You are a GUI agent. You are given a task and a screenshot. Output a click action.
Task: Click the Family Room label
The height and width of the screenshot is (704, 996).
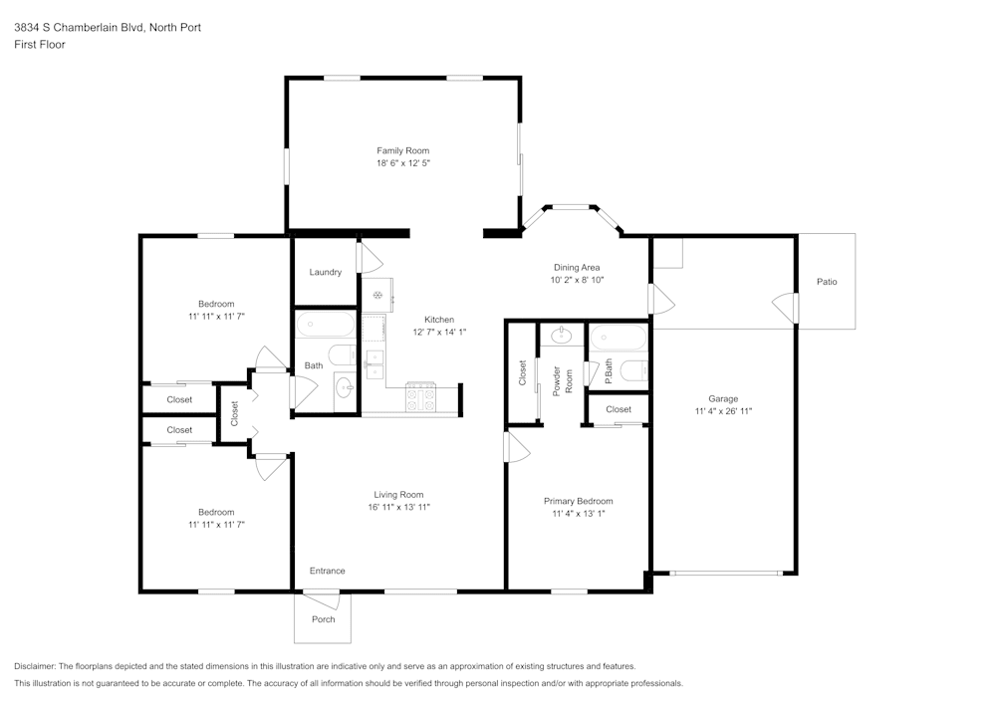(x=402, y=150)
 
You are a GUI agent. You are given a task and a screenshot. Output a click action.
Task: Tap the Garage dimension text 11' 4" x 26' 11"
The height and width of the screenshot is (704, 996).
(x=723, y=410)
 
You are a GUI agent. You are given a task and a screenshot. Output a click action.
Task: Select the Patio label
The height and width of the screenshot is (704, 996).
(x=827, y=281)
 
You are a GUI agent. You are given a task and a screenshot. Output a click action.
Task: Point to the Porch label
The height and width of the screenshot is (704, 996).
(x=323, y=619)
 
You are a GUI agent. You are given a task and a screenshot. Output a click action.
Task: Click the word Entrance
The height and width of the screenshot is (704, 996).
(x=327, y=571)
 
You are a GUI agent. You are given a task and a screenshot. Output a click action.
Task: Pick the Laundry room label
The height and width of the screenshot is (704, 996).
(x=326, y=272)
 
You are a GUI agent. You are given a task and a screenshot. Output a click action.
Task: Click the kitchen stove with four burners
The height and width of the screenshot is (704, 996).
(x=420, y=397)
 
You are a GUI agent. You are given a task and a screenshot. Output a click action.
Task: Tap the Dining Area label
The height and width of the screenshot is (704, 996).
(x=576, y=267)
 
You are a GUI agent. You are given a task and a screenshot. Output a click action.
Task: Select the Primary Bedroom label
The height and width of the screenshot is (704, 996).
(x=578, y=501)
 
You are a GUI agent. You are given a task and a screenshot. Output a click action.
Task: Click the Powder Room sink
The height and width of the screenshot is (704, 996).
(x=562, y=336)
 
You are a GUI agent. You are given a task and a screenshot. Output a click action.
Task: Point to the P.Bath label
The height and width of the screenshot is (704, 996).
(x=608, y=371)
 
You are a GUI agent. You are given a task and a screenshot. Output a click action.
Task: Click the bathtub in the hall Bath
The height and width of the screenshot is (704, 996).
(x=326, y=325)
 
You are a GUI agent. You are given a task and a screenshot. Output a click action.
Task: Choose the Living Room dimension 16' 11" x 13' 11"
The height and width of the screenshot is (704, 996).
(x=399, y=507)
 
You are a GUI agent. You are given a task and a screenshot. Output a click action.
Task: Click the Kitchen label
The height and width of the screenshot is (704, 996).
(x=439, y=320)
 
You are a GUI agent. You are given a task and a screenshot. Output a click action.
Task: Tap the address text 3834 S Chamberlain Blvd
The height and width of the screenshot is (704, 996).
(x=80, y=27)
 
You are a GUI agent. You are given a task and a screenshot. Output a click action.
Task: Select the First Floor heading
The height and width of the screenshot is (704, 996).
(x=40, y=45)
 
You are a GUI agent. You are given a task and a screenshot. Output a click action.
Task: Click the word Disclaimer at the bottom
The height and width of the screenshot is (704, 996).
(x=34, y=666)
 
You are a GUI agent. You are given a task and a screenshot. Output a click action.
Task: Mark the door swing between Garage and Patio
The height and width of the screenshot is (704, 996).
(x=785, y=308)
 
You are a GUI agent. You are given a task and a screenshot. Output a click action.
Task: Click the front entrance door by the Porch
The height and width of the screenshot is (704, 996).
(x=322, y=600)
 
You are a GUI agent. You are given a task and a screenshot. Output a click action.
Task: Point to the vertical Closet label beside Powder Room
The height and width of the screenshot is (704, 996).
(x=522, y=372)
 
